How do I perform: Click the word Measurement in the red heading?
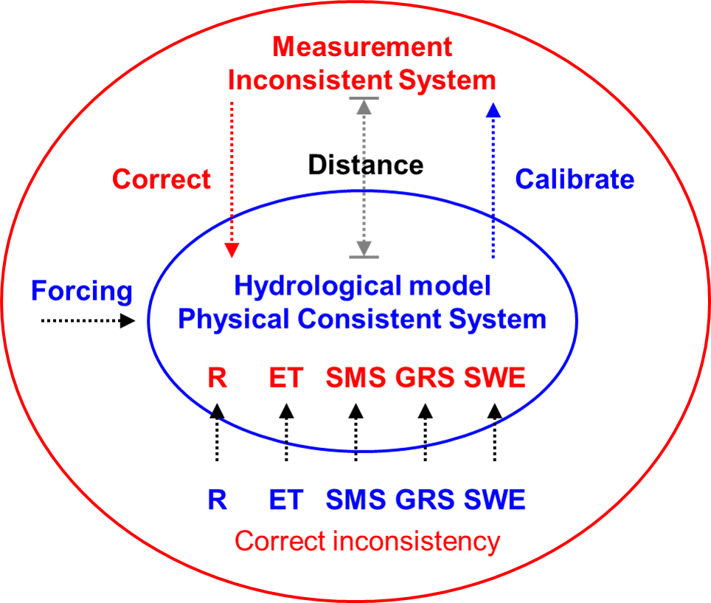(x=361, y=47)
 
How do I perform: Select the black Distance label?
(x=366, y=165)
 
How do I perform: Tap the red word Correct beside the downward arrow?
(x=162, y=179)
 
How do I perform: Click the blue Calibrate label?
(x=575, y=179)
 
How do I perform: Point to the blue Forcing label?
(x=82, y=291)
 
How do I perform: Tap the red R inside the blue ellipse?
(x=217, y=379)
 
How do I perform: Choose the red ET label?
(x=286, y=379)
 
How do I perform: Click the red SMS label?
(x=356, y=379)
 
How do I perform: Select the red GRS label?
(x=425, y=379)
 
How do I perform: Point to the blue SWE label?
(x=494, y=500)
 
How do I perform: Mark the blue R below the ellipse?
(x=217, y=500)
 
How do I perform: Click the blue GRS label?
(x=425, y=500)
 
